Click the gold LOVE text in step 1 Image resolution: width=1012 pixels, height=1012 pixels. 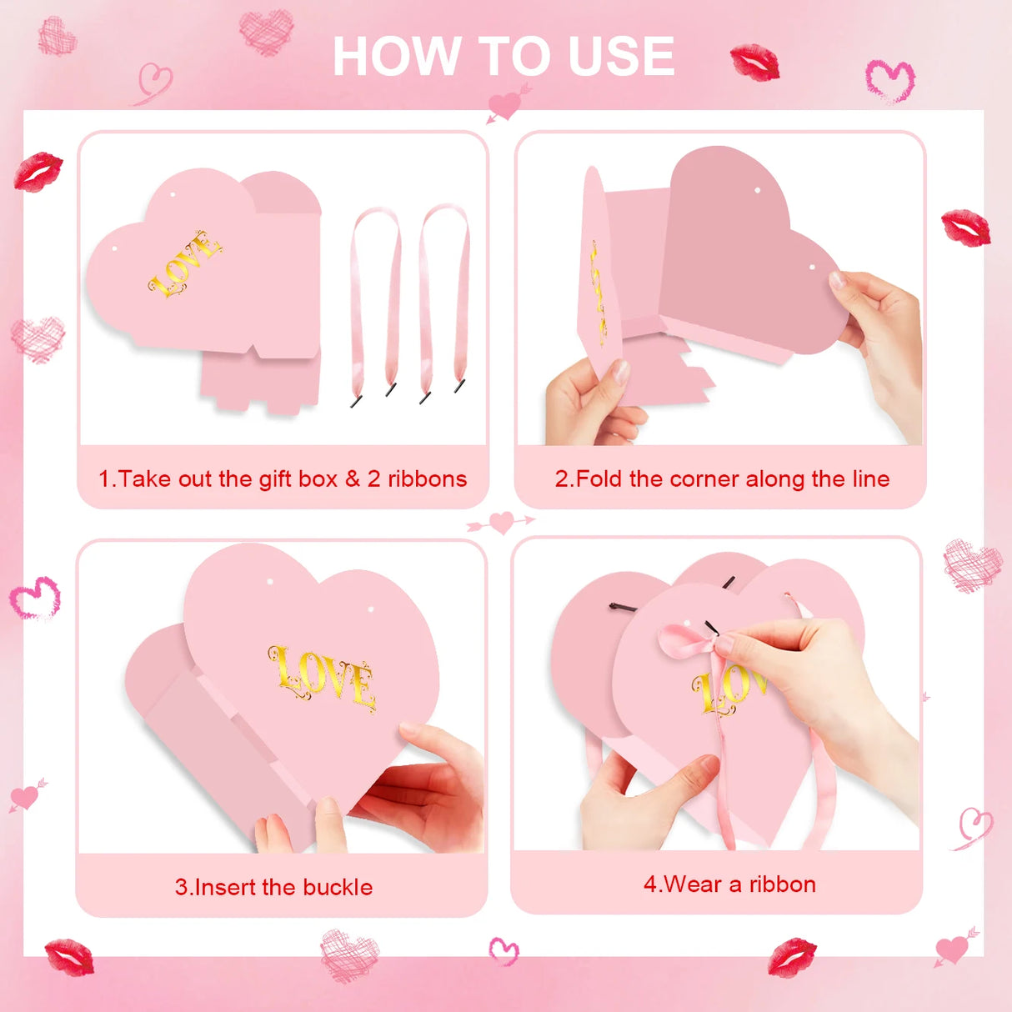pos(185,263)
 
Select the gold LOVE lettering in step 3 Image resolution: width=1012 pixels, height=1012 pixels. pos(323,679)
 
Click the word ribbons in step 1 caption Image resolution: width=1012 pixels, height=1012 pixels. pos(428,479)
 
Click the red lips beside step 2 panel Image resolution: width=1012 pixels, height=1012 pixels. pos(965,228)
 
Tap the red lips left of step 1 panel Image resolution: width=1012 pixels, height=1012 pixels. pos(38,172)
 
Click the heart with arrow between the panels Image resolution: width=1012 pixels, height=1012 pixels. pos(501,523)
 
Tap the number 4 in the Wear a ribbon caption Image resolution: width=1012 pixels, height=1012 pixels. pos(650,884)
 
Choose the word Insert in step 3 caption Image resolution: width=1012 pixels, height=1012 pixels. pos(225,888)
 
